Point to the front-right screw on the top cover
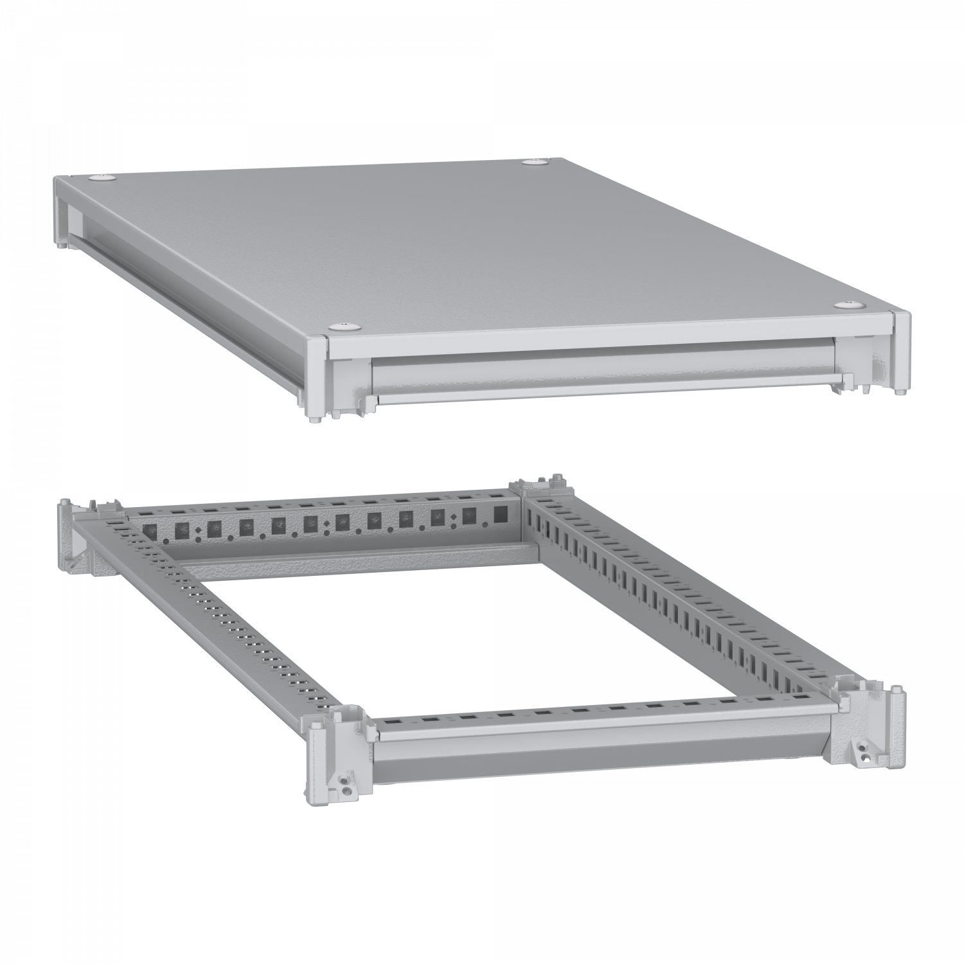[x=843, y=305]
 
